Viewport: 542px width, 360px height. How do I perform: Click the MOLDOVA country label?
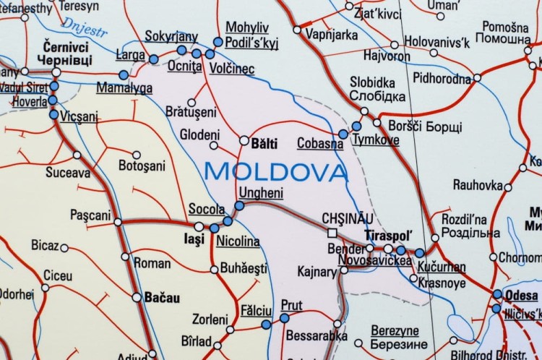coord(276,171)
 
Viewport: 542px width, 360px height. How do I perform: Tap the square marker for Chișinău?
coord(332,233)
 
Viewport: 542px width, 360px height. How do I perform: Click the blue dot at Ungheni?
coord(239,205)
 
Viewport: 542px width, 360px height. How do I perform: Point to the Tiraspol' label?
coord(389,236)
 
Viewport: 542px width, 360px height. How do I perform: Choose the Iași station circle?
coord(199,226)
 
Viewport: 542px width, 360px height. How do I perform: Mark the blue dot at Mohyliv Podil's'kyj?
coord(218,41)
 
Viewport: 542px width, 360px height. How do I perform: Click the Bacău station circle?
coord(137,296)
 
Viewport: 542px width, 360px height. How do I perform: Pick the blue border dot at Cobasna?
coord(343,134)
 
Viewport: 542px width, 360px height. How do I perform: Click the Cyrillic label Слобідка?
coord(377,96)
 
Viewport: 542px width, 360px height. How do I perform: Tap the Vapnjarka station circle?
coord(297,30)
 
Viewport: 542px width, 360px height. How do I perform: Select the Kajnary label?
coord(317,272)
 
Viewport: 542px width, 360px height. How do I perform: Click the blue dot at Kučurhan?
coord(420,253)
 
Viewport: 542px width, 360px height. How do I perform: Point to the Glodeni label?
coord(199,134)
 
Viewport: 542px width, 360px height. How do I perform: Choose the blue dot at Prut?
coord(284,317)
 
